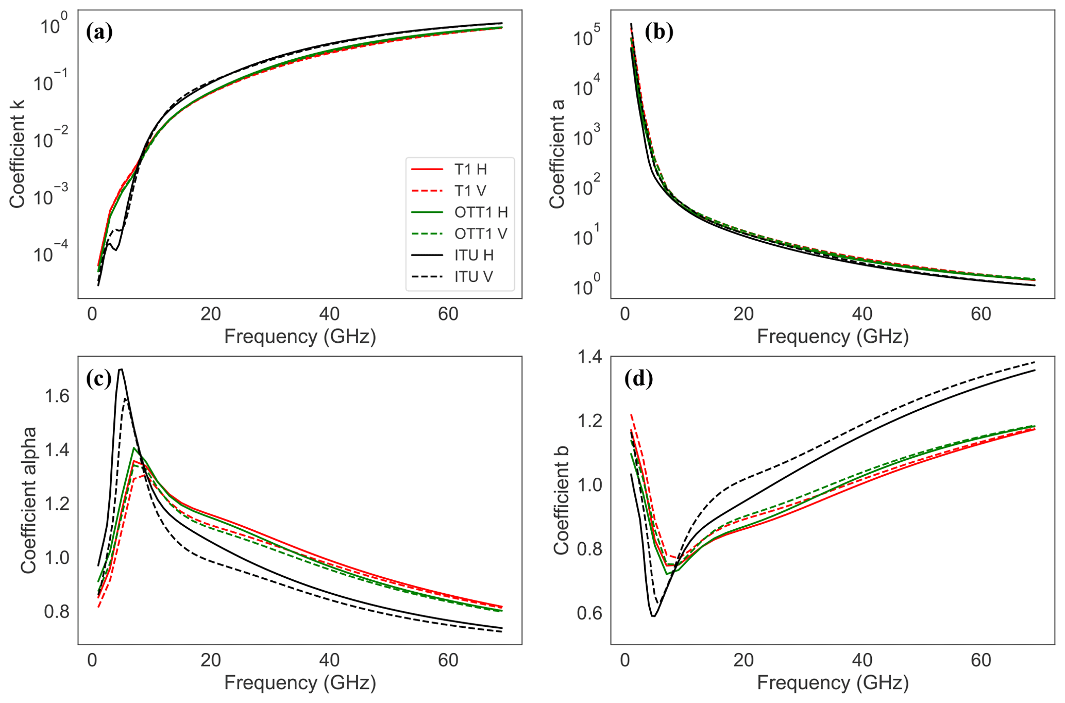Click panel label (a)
pyautogui.click(x=99, y=32)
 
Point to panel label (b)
pyautogui.click(x=659, y=32)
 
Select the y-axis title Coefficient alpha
pyautogui.click(x=28, y=500)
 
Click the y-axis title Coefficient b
pyautogui.click(x=561, y=500)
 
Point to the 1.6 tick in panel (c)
pyautogui.click(x=57, y=396)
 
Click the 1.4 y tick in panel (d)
pyautogui.click(x=589, y=357)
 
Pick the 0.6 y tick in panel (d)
pyautogui.click(x=589, y=613)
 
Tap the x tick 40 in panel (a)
pyautogui.click(x=329, y=314)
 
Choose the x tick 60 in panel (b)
pyautogui.click(x=981, y=314)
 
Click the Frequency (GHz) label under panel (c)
pyautogui.click(x=300, y=683)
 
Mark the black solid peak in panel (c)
pyautogui.click(x=121, y=369)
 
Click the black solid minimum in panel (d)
pyautogui.click(x=653, y=616)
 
